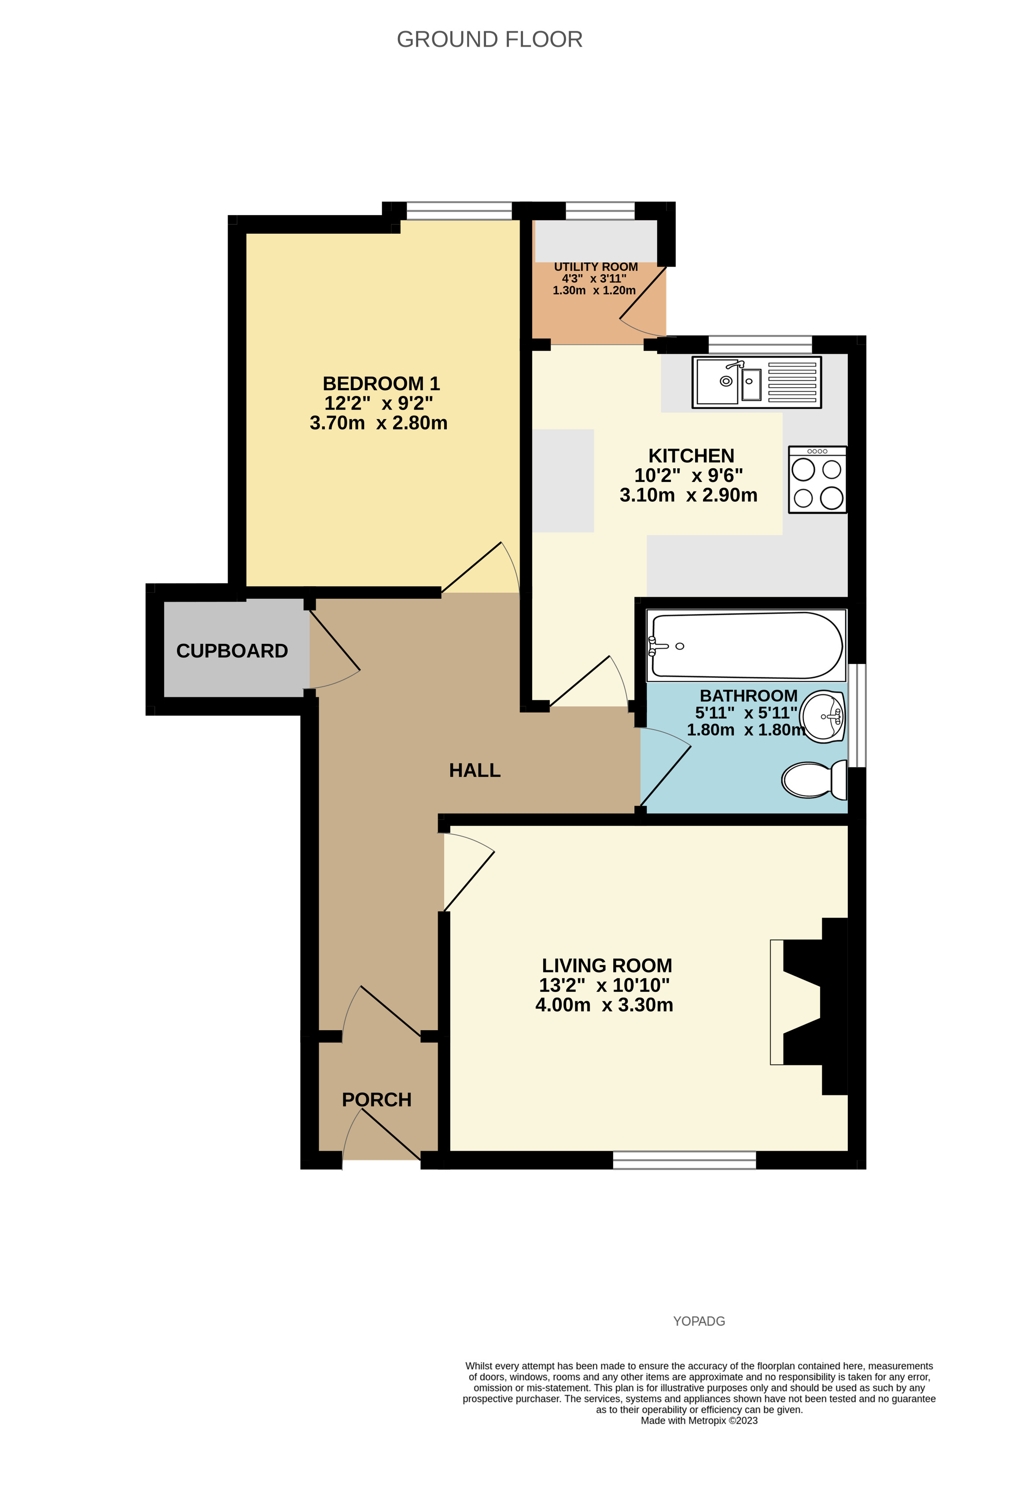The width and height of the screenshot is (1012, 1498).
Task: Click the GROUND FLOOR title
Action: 489,39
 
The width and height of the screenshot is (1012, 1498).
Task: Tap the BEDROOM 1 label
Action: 381,384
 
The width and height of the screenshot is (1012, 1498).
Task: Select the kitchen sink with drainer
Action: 756,382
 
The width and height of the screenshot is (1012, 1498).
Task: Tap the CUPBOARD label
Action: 232,651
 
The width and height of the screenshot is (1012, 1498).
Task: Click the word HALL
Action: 475,770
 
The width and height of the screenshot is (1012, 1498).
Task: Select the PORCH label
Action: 376,1100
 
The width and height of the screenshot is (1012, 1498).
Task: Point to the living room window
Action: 684,1160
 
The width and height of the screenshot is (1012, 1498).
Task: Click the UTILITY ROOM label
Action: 596,267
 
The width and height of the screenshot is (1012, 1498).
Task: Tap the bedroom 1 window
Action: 459,211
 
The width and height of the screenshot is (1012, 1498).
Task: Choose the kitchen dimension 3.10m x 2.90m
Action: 688,495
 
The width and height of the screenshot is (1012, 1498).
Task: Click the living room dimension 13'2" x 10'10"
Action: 604,985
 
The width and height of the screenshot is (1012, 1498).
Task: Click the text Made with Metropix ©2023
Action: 699,1421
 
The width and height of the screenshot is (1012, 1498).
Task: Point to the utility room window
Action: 600,211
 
